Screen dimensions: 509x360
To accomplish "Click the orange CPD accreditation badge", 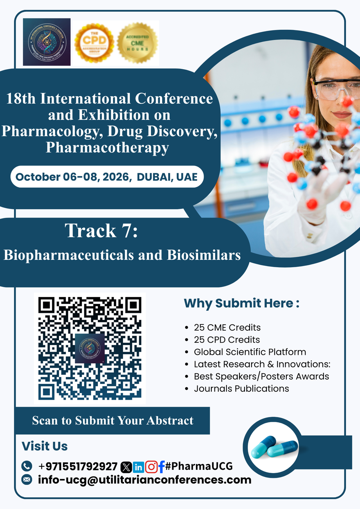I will (94, 43).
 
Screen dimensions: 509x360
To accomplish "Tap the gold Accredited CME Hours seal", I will (137, 43).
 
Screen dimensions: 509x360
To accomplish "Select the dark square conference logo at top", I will (47, 42).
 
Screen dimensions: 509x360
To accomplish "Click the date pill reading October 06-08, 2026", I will (107, 176).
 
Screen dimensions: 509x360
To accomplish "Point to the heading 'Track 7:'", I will (101, 231).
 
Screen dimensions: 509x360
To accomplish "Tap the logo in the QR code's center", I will (90, 348).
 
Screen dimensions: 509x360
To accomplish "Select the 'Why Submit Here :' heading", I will (241, 303).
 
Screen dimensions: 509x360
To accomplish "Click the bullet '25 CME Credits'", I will (227, 327).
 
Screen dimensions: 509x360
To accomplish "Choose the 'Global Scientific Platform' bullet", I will (250, 352).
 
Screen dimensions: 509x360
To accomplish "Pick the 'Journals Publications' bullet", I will (241, 388).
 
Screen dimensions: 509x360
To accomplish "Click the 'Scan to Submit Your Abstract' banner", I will (112, 421).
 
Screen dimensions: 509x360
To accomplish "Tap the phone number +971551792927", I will (78, 466).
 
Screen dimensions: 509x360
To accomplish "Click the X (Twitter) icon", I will (126, 467).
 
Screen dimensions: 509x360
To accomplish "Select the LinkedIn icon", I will (139, 467).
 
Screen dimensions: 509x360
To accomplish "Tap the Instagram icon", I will (151, 467).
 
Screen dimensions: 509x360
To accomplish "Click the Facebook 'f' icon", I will (161, 467).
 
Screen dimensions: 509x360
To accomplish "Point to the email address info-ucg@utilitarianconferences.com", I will (144, 480).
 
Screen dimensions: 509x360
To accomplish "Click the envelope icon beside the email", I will (27, 480).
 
